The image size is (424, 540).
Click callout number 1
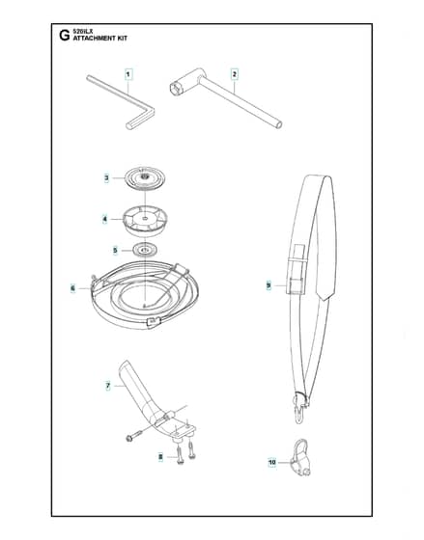tap(128, 74)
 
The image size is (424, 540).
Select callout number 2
tap(235, 74)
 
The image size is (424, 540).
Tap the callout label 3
tap(106, 178)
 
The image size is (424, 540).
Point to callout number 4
tap(105, 220)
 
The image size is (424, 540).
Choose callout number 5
tap(115, 251)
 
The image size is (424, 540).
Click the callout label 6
tap(72, 288)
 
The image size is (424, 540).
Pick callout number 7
tap(108, 386)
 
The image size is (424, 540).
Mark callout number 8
tap(160, 457)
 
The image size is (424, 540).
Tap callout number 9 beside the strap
tap(269, 285)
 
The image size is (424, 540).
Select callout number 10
tap(272, 462)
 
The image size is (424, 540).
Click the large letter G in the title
tap(64, 36)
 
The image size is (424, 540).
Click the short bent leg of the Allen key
tap(141, 120)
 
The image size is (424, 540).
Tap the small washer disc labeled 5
tap(145, 250)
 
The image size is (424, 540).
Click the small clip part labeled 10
tap(300, 457)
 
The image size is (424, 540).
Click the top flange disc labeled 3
tap(145, 177)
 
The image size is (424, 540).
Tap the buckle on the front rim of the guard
tap(154, 322)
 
